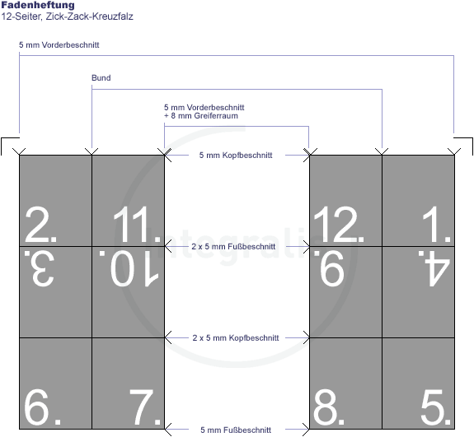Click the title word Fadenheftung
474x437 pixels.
[38, 5]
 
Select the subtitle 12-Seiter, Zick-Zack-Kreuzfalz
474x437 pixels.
[67, 16]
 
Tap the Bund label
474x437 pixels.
[101, 78]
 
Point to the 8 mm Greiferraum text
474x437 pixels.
[204, 116]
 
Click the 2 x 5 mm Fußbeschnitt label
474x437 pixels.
[233, 247]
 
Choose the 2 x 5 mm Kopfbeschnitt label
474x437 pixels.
[236, 337]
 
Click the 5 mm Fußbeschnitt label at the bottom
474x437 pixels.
[236, 430]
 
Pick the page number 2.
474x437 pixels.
[41, 224]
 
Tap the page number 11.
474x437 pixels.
[137, 224]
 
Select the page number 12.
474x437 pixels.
[339, 224]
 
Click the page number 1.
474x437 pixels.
[436, 224]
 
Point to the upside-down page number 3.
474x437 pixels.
[39, 268]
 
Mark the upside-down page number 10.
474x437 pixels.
[129, 268]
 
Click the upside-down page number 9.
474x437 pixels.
[329, 268]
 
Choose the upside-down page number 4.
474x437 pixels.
[434, 268]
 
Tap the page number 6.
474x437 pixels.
[42, 407]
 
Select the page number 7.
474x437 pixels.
[145, 407]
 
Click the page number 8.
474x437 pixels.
[329, 407]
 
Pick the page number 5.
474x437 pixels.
[435, 407]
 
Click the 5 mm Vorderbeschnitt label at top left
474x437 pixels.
[59, 45]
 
